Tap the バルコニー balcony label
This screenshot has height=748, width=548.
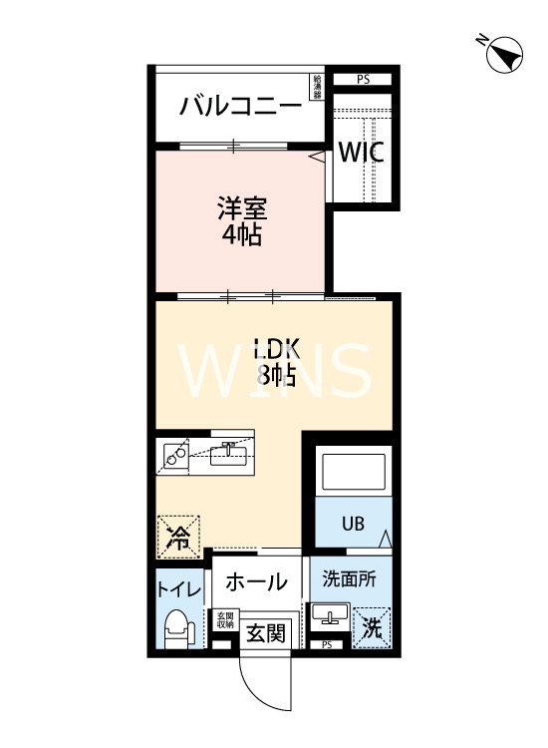(240, 106)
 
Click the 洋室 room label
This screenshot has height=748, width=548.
(241, 221)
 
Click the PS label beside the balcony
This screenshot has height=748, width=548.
(362, 79)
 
